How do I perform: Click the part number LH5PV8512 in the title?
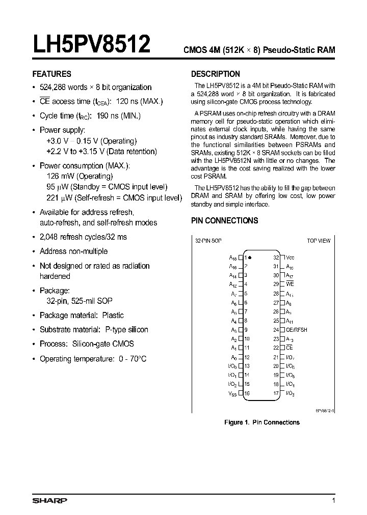91,44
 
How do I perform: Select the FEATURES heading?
52,74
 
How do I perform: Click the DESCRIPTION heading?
215,74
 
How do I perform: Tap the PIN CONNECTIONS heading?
224,220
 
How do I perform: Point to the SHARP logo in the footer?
49,501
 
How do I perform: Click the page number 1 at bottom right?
333,501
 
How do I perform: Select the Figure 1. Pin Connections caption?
262,422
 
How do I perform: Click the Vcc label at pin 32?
290,258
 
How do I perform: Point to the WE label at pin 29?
290,284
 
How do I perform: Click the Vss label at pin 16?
232,393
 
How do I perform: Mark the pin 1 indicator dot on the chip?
250,258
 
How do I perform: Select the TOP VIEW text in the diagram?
319,240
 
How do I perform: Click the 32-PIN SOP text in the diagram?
208,240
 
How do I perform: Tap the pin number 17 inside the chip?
276,393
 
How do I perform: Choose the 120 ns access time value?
124,101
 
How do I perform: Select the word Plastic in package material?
113,316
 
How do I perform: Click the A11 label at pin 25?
290,321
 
